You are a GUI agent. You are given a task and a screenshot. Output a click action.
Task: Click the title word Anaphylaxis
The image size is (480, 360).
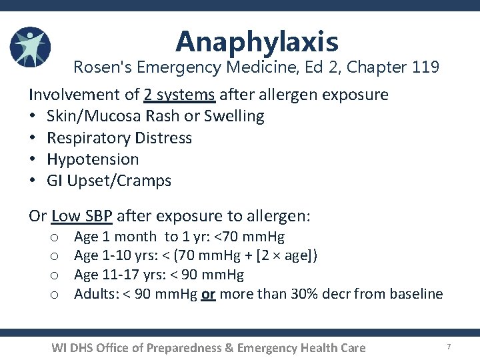coord(257,42)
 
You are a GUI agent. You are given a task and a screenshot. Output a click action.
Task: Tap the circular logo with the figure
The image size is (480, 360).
coord(30,47)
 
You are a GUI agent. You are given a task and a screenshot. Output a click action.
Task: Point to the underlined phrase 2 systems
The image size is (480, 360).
coord(179,95)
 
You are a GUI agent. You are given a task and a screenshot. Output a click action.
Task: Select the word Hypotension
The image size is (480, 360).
coord(93,159)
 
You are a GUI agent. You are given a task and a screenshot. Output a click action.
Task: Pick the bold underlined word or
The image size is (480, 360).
coord(208,294)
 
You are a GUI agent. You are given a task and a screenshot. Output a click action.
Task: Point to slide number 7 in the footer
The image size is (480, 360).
coord(449,347)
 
